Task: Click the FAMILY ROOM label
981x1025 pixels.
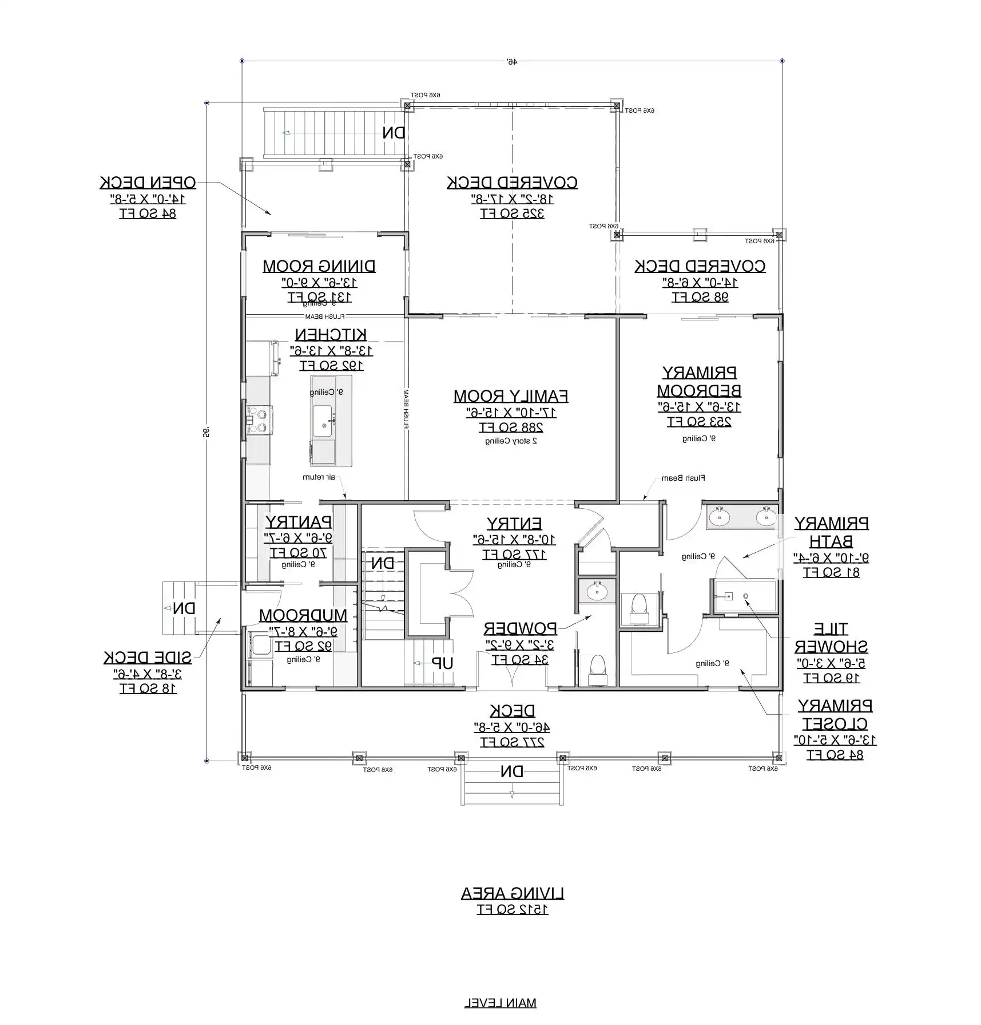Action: point(510,396)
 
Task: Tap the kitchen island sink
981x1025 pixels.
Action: point(322,421)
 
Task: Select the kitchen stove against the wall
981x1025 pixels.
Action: point(259,420)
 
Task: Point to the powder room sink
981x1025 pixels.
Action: point(597,591)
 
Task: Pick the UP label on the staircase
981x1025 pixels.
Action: point(442,663)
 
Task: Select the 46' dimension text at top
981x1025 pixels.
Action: point(511,61)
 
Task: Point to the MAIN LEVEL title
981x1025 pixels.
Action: point(500,1003)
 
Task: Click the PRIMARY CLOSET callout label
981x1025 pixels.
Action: point(835,714)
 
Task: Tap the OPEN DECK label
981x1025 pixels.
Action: point(148,183)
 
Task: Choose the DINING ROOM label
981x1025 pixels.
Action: point(319,266)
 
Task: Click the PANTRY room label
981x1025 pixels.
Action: point(298,522)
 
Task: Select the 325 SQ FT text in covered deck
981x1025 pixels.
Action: point(512,214)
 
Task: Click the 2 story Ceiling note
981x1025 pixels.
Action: point(511,441)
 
